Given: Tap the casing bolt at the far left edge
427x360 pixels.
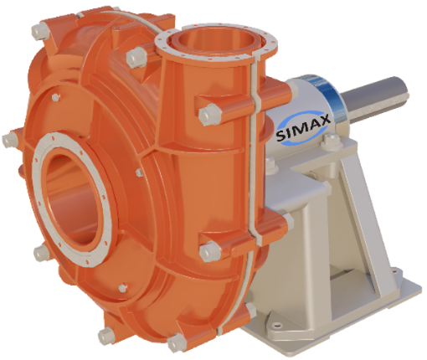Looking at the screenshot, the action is click(10, 139).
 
